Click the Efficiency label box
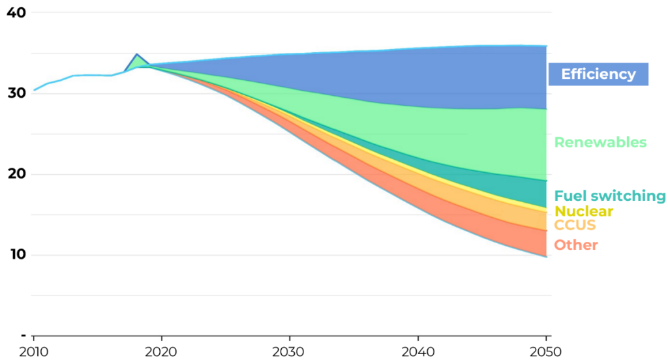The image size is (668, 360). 598,74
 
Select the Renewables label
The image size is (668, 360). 600,142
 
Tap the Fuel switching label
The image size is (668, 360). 609,196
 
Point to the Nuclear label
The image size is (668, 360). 583,211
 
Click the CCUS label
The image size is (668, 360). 575,226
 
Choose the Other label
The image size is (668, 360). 576,245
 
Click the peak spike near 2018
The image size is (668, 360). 136,55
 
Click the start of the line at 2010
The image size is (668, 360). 34,89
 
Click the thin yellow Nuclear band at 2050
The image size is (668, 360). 544,209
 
